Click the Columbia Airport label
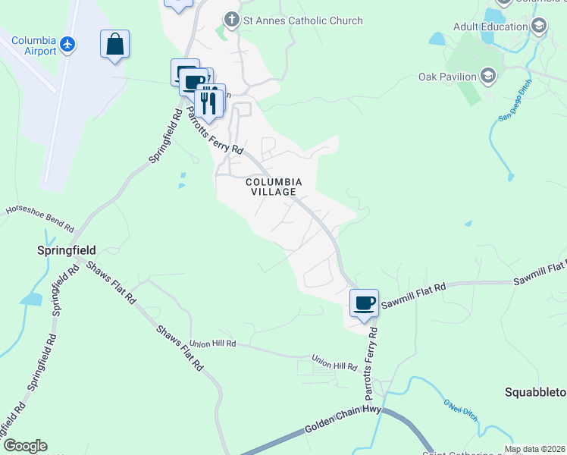[x=34, y=45]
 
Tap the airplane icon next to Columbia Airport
[x=68, y=45]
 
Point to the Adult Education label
[x=490, y=27]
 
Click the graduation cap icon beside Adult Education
[x=539, y=27]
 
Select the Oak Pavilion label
[x=447, y=77]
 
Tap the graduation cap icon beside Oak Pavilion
[x=487, y=76]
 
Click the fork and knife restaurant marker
[x=210, y=102]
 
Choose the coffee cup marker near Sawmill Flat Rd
[x=364, y=303]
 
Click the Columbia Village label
[x=274, y=187]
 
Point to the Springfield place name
[x=67, y=249]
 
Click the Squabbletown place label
[x=535, y=392]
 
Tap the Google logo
[x=25, y=446]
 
